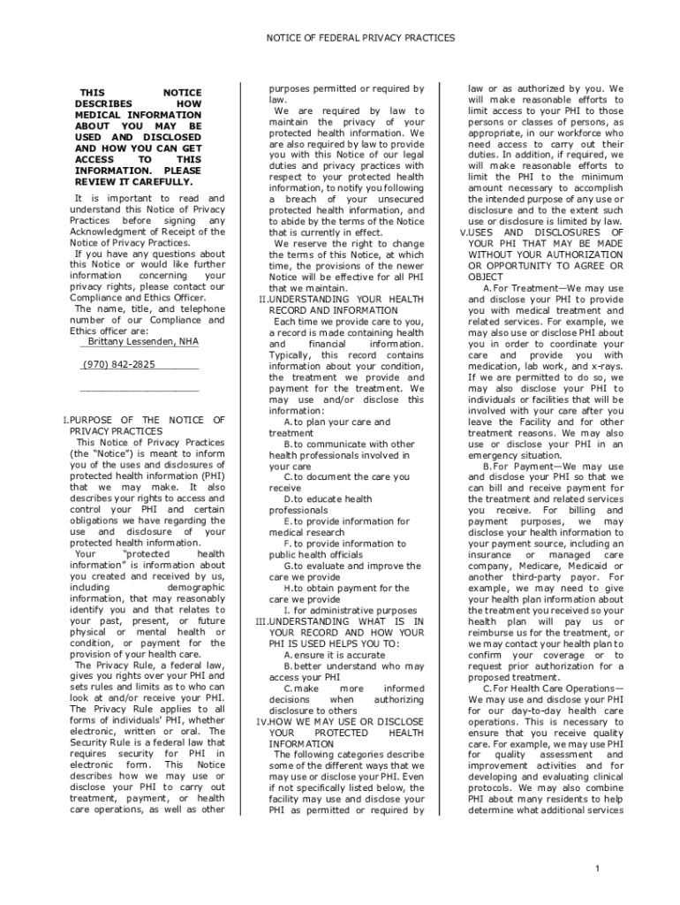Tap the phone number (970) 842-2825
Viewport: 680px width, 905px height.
pyautogui.click(x=119, y=364)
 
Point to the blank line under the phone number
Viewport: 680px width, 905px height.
pyautogui.click(x=139, y=389)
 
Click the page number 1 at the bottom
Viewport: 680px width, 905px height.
pyautogui.click(x=598, y=869)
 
